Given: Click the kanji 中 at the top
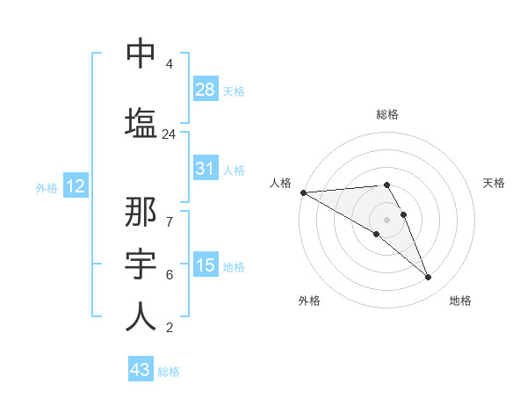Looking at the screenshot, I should [141, 54].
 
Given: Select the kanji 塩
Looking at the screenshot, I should [141, 122].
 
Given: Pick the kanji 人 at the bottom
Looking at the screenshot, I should [141, 316].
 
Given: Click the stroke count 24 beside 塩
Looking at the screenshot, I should [169, 134].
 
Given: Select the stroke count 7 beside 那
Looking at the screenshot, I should [169, 212].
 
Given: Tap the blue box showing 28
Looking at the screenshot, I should [206, 89].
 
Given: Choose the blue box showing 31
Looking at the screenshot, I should [206, 169].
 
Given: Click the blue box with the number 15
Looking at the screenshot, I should [206, 265].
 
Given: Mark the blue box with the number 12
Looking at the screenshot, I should [75, 186].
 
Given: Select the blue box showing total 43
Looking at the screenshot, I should [141, 370].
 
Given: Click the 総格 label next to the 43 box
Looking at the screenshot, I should [169, 372].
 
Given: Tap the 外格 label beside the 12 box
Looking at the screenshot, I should [47, 187].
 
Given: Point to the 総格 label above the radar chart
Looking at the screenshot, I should [387, 114].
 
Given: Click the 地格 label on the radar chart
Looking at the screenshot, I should [460, 301].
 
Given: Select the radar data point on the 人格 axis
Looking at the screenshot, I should [303, 192].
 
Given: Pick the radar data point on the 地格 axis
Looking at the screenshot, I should [428, 278].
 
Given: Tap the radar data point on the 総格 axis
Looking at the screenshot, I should [386, 185].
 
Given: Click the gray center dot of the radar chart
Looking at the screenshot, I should [386, 219].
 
